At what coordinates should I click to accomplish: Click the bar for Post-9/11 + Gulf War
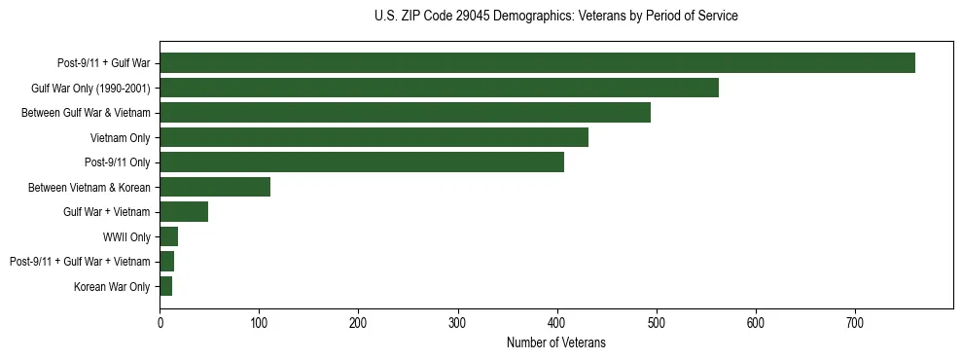click(x=537, y=63)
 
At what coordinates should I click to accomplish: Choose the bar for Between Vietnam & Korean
click(x=215, y=187)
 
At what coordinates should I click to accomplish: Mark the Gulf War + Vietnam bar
click(x=184, y=212)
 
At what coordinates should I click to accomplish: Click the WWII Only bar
click(x=169, y=236)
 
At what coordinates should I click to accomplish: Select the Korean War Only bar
click(x=166, y=286)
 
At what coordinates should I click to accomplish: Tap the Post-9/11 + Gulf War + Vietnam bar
click(x=167, y=262)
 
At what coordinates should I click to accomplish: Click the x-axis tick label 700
click(x=855, y=323)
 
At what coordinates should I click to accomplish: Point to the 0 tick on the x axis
click(x=160, y=323)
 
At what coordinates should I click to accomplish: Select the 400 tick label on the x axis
click(x=557, y=323)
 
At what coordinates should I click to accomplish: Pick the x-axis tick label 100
click(x=259, y=323)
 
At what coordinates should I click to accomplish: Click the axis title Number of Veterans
click(x=556, y=342)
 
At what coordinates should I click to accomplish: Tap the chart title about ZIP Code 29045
click(x=556, y=17)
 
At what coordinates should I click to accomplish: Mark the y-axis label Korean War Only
click(x=112, y=286)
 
